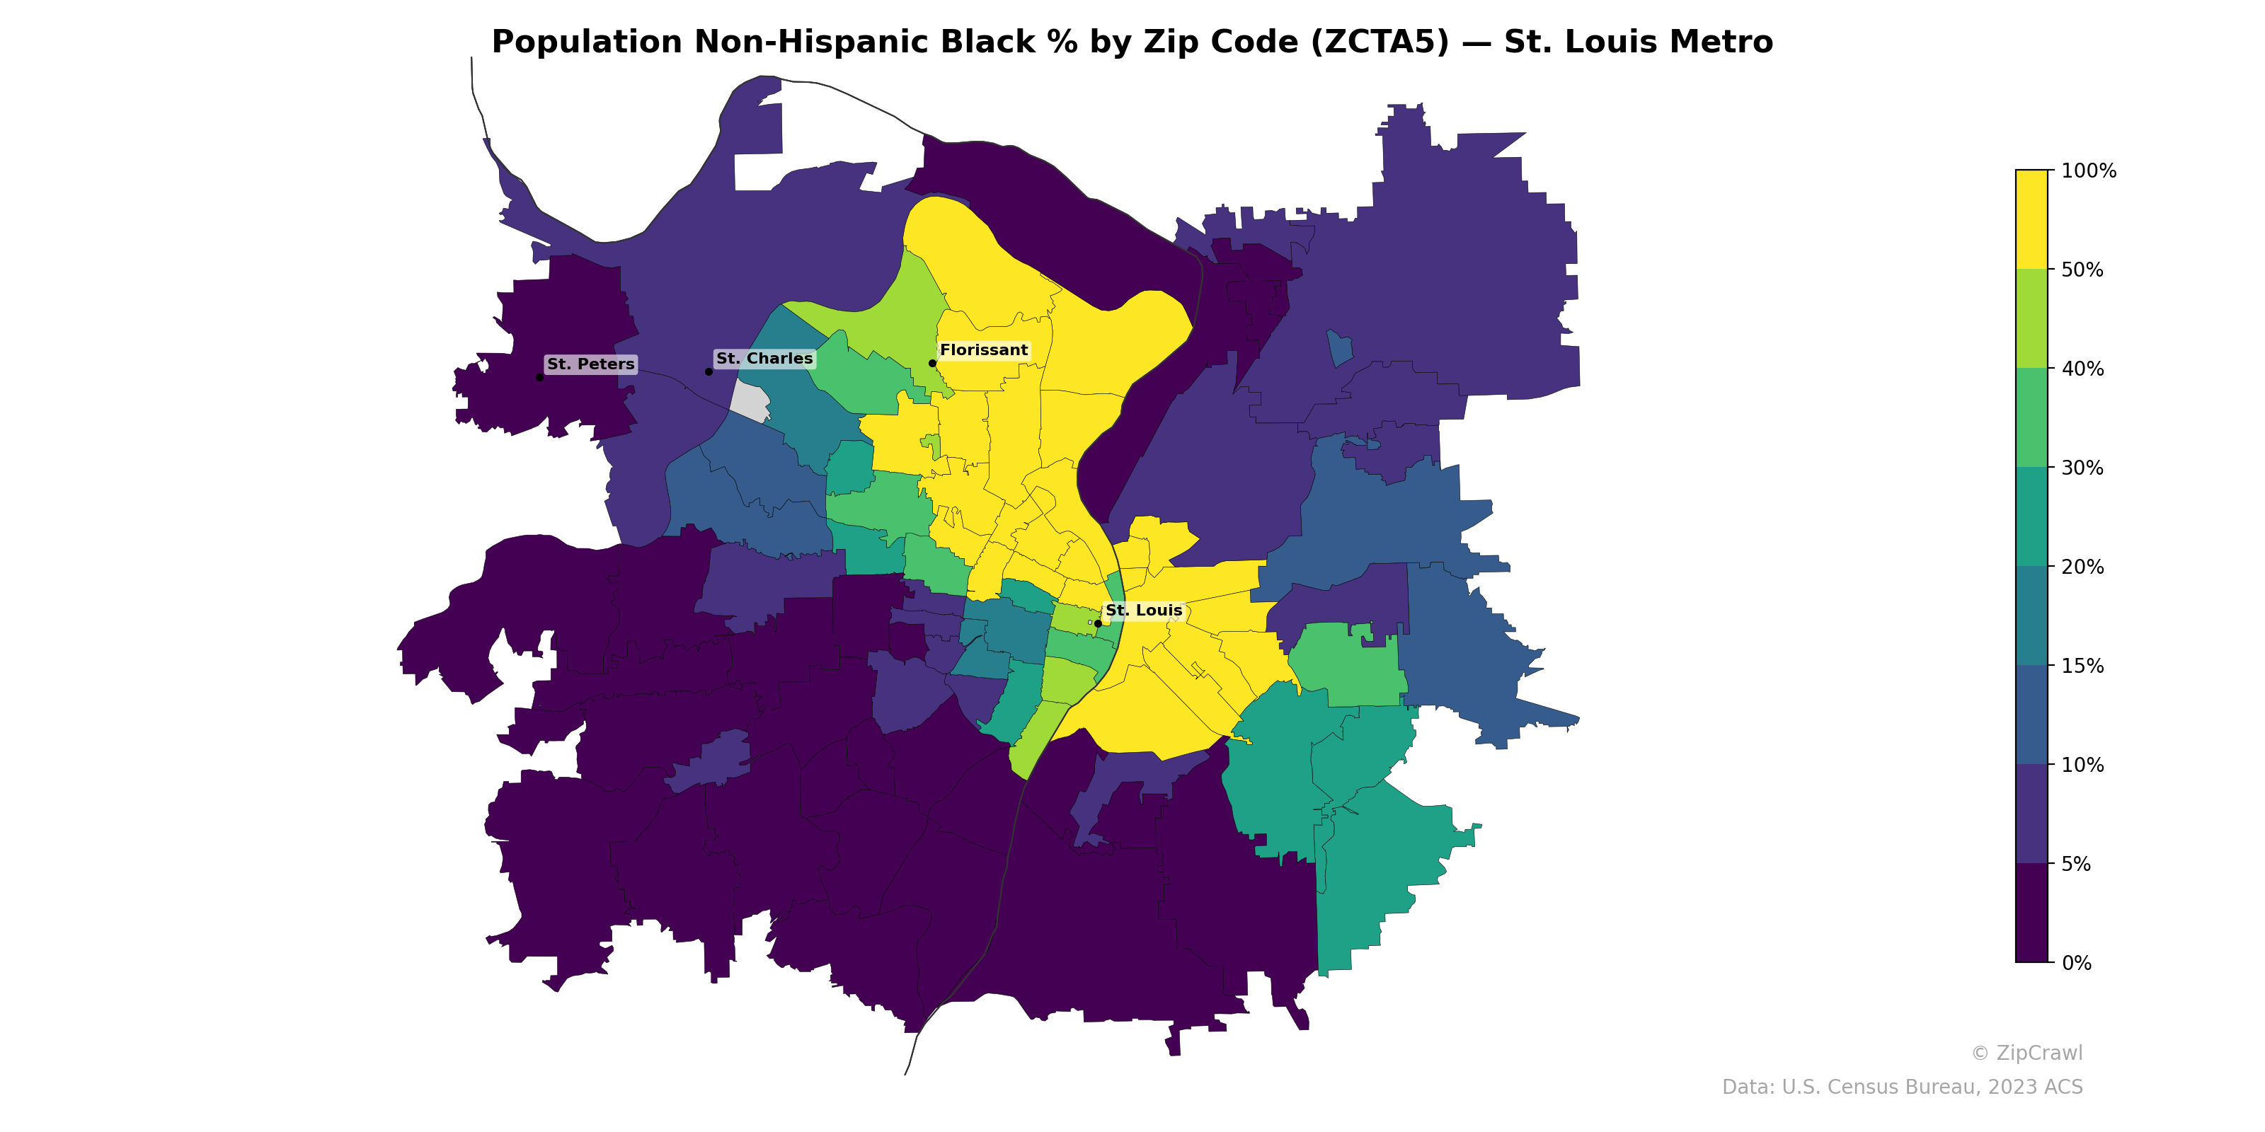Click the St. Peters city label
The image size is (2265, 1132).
(590, 364)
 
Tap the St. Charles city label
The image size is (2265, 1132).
(764, 359)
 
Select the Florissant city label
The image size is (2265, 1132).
(983, 350)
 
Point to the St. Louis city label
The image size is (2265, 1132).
(1143, 610)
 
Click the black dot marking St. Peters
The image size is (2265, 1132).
(539, 377)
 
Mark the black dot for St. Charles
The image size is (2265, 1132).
(709, 371)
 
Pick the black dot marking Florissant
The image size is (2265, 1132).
(932, 363)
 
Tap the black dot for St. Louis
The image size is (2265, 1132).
(1097, 623)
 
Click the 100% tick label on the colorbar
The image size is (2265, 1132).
(2088, 171)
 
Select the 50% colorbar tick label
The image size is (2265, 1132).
(2082, 270)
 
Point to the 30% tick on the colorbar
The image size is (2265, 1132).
(2082, 468)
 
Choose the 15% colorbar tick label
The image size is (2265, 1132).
(2082, 666)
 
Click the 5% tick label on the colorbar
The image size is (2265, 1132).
(2076, 864)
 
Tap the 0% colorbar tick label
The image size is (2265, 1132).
(2076, 963)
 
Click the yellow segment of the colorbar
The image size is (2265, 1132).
(2031, 220)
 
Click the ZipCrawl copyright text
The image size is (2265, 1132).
(2026, 1053)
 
